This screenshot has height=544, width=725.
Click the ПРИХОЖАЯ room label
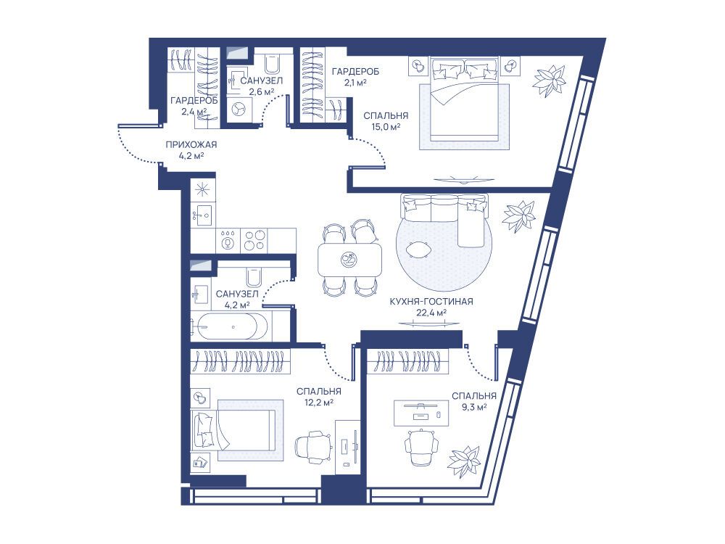click(191, 145)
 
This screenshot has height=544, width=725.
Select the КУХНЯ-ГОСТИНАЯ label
click(431, 302)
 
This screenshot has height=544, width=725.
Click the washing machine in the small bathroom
click(239, 110)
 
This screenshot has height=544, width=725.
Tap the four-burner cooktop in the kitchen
click(254, 240)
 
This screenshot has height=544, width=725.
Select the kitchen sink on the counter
click(202, 215)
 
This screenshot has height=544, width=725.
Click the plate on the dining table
click(349, 260)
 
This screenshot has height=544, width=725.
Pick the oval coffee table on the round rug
click(418, 250)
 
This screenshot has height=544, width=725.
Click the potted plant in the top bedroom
click(550, 81)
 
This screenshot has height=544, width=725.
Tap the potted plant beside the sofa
click(519, 216)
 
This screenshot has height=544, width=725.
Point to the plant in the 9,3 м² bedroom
click(464, 461)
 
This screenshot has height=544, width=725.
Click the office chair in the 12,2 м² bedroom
click(313, 447)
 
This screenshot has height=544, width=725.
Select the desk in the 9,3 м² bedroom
click(420, 413)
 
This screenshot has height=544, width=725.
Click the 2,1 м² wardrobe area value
click(355, 83)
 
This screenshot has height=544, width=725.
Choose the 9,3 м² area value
click(474, 407)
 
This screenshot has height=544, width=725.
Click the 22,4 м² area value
click(431, 313)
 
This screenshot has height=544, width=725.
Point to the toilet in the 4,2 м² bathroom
click(254, 278)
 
